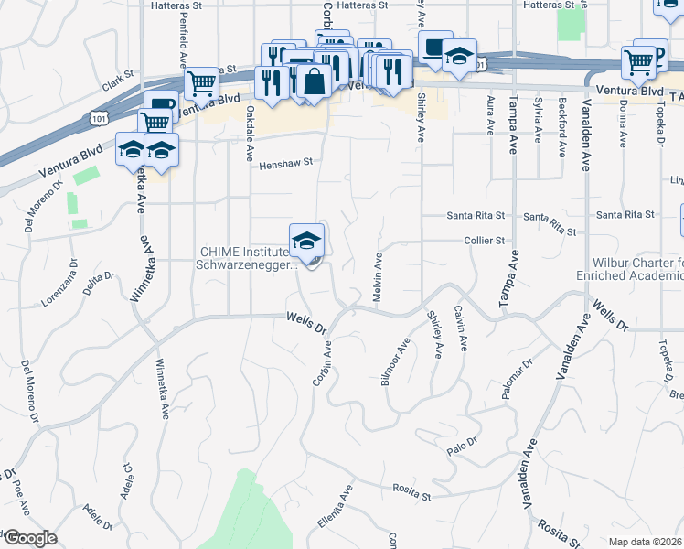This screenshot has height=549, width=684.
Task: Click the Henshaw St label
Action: tap(286, 162)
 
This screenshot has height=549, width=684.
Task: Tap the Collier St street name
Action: tap(488, 241)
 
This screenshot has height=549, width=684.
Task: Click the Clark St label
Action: tap(118, 84)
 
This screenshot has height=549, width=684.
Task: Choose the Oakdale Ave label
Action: tap(249, 134)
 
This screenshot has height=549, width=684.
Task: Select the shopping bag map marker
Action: tap(314, 81)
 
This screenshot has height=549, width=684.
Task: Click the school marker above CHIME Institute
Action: tap(307, 241)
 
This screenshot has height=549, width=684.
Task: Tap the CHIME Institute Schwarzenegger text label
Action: tap(249, 259)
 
